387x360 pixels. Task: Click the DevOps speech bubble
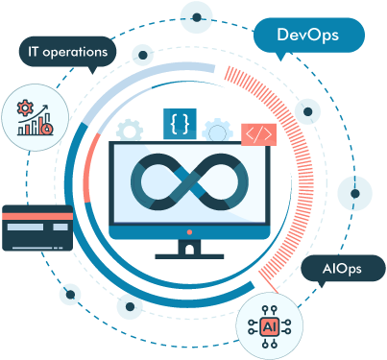[309, 36]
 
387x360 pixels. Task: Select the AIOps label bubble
[342, 269]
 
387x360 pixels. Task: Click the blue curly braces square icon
[180, 123]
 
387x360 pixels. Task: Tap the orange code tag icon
[257, 134]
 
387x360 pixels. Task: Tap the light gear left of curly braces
[131, 130]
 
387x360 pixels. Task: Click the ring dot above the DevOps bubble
[197, 15]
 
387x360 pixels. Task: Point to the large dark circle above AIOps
[354, 189]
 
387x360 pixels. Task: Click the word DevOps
[309, 36]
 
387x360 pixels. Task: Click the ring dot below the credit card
[70, 293]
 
